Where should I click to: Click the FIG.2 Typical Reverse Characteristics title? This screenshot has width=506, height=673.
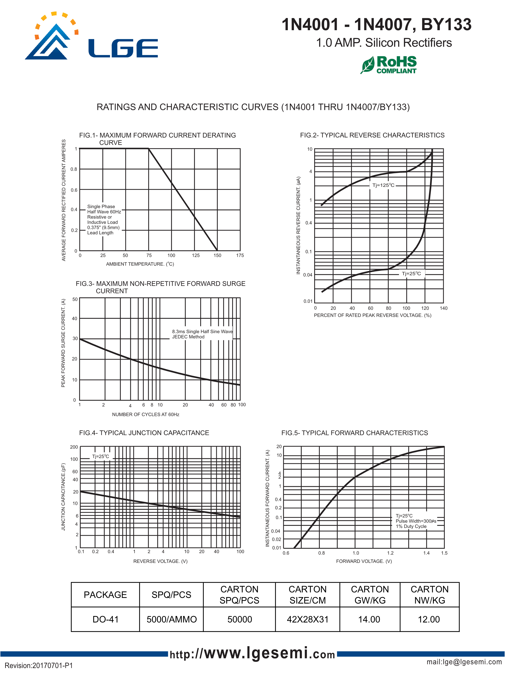click(x=372, y=135)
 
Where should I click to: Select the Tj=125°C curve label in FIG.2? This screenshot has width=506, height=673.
click(x=383, y=185)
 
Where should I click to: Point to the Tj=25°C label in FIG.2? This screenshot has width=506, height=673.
click(x=411, y=274)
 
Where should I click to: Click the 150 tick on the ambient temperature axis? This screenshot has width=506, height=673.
click(x=217, y=256)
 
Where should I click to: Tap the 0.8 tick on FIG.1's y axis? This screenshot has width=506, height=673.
click(x=74, y=169)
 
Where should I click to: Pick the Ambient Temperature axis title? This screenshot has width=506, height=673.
click(x=140, y=264)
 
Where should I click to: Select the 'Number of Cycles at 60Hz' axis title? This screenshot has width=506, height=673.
click(x=145, y=414)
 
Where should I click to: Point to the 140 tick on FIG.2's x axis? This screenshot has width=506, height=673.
click(x=443, y=308)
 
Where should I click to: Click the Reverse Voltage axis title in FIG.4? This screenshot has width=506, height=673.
click(x=160, y=561)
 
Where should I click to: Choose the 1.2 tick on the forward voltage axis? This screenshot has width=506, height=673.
click(x=390, y=553)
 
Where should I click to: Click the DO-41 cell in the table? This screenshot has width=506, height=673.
click(x=105, y=619)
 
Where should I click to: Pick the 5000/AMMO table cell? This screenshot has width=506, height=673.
click(x=172, y=619)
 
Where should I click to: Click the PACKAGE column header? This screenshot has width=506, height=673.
click(x=105, y=595)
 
